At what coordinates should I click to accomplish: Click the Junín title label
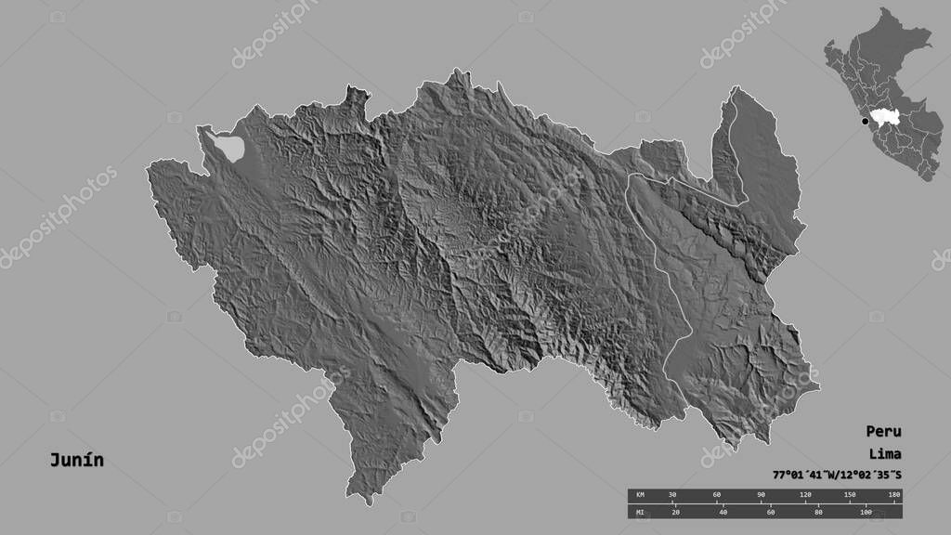pyautogui.click(x=77, y=461)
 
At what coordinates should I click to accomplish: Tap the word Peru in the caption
pyautogui.click(x=883, y=432)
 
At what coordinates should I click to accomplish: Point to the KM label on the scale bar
pyautogui.click(x=640, y=495)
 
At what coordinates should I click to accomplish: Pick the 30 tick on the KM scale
pyautogui.click(x=672, y=495)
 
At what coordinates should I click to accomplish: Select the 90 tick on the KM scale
pyautogui.click(x=762, y=495)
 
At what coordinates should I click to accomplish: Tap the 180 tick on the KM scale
pyautogui.click(x=893, y=495)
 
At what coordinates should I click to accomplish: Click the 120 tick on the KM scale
pyautogui.click(x=806, y=495)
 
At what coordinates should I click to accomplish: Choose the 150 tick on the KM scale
pyautogui.click(x=851, y=495)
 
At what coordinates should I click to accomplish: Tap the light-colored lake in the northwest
pyautogui.click(x=229, y=146)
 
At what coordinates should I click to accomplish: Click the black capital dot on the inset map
pyautogui.click(x=866, y=121)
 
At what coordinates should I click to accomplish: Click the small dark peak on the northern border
pyautogui.click(x=354, y=93)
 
